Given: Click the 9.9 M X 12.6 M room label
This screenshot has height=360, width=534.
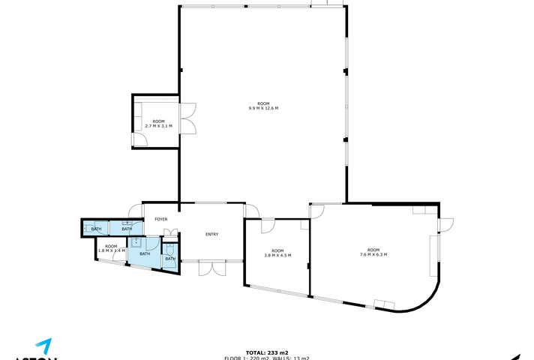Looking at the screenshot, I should click(263, 106).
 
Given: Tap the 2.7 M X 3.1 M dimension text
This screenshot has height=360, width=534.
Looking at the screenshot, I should click(158, 124).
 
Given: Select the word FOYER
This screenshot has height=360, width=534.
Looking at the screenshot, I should click(161, 219).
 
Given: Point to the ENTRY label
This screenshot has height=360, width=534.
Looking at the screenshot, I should click(211, 235).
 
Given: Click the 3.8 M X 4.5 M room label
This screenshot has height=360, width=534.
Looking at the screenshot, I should click(277, 253).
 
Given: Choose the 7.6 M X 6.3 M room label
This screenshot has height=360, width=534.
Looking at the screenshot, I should click(373, 252).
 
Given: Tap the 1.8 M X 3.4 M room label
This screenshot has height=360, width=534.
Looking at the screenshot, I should click(111, 248).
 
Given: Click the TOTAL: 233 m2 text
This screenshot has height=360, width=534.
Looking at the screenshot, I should click(266, 352).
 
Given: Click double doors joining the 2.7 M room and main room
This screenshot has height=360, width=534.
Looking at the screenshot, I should click(187, 118).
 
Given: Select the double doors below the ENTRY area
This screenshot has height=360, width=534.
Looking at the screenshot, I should click(211, 268).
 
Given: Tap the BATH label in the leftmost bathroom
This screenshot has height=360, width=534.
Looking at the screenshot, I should click(96, 229).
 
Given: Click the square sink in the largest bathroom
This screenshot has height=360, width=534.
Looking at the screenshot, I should click(136, 242).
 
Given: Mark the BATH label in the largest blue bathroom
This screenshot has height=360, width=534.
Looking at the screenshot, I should click(144, 254).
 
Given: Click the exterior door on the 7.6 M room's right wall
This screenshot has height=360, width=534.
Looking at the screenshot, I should click(445, 223).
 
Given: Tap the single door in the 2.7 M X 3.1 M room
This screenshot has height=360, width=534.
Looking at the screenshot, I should click(139, 139).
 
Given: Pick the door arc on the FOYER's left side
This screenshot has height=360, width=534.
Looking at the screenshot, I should click(135, 210).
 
